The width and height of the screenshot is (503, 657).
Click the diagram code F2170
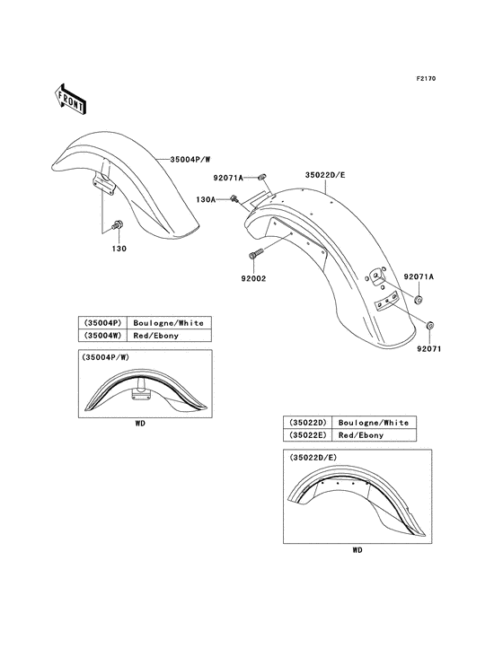425,79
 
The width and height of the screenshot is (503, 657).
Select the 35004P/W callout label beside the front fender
189,159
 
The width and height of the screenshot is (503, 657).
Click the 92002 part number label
253,280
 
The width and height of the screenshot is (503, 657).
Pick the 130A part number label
207,200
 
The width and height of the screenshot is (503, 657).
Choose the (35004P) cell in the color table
103,322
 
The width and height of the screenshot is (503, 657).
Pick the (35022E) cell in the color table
307,435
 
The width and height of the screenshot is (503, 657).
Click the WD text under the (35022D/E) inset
357,550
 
